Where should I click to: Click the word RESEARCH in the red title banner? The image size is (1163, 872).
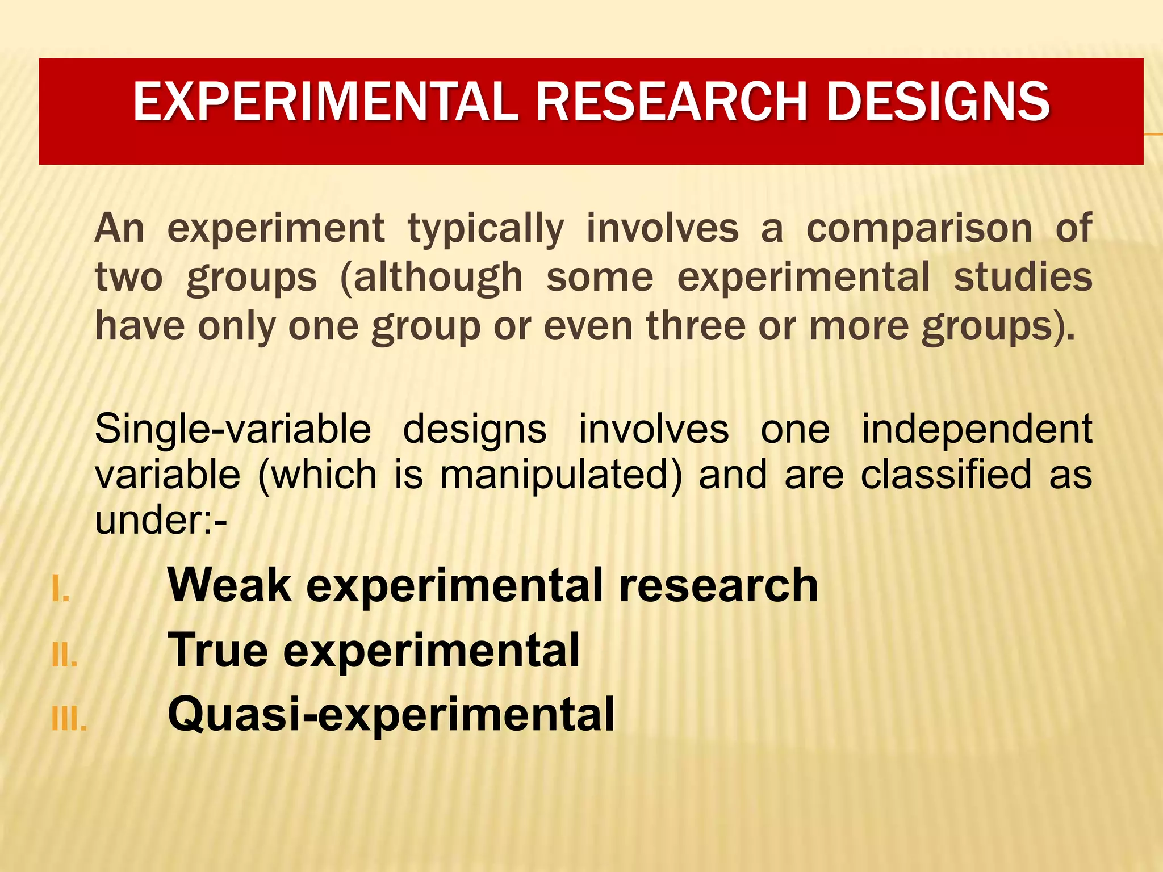point(672,102)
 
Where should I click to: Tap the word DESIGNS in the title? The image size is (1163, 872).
point(938,102)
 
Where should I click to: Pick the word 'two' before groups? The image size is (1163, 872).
point(128,278)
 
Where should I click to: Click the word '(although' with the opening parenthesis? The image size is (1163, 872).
point(431,278)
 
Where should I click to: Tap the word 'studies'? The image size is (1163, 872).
point(1022,278)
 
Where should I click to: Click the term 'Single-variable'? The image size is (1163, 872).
point(233,430)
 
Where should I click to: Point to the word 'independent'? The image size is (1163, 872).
point(977,430)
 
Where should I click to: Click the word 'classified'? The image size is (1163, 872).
point(946,475)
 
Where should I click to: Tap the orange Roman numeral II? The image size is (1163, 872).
point(64,656)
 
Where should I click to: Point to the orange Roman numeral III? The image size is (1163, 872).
point(69,720)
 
